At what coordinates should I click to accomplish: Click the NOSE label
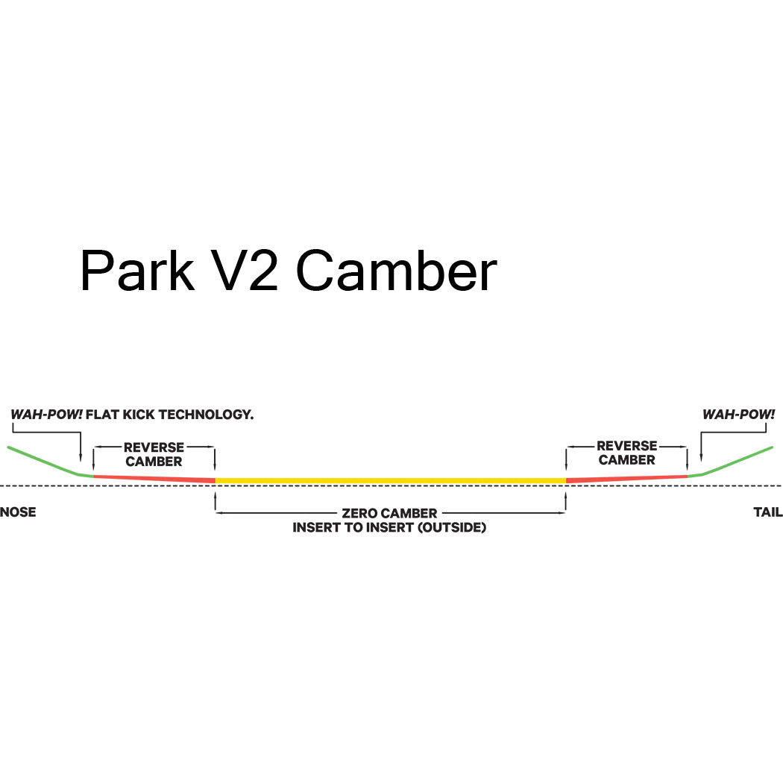click(18, 512)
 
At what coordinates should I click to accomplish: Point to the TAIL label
click(767, 512)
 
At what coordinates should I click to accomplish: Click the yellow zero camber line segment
click(390, 479)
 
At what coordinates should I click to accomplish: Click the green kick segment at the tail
click(738, 459)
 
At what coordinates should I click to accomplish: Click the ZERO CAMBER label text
click(389, 514)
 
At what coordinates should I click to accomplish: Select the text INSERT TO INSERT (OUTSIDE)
click(389, 528)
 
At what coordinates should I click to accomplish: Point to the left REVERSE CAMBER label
click(154, 454)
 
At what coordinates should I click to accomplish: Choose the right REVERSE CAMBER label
click(626, 453)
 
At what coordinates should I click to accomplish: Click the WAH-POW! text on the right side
click(738, 415)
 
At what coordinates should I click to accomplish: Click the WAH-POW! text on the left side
click(46, 415)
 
